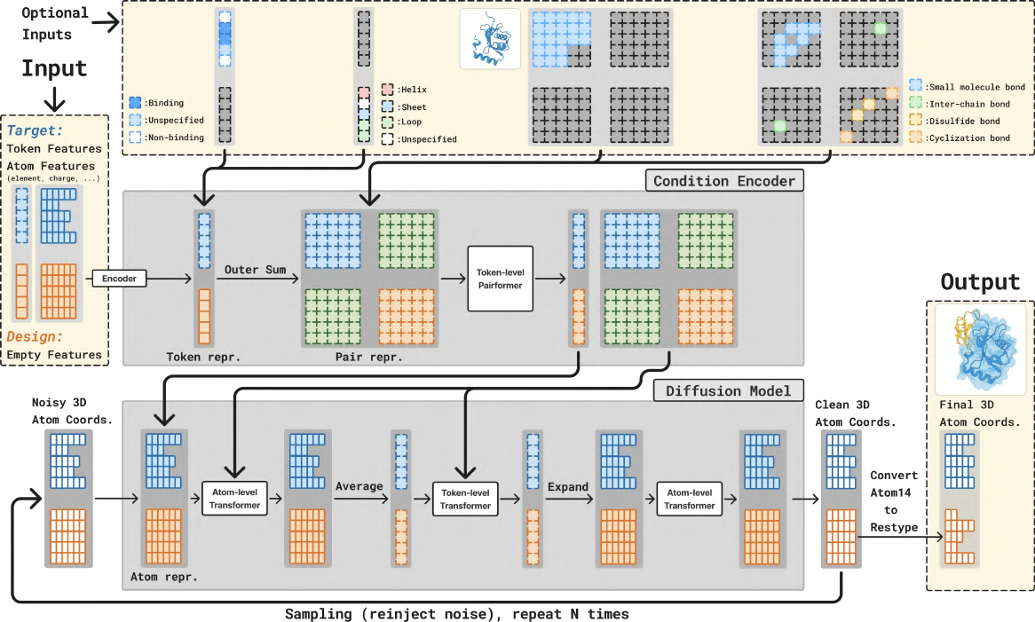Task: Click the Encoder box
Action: (x=118, y=279)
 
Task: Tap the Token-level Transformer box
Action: (x=465, y=500)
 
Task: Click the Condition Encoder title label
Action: (x=723, y=181)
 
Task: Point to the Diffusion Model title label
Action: (x=729, y=391)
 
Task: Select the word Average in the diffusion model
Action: (x=359, y=486)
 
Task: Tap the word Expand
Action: (x=568, y=487)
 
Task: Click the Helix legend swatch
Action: (x=388, y=90)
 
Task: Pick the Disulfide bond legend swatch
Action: (x=915, y=121)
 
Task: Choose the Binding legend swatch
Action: (x=135, y=103)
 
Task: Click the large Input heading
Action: (x=54, y=68)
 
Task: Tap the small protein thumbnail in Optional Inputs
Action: (x=490, y=40)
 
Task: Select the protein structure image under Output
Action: (x=978, y=350)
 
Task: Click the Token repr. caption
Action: (x=203, y=357)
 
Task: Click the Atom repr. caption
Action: (x=163, y=578)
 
